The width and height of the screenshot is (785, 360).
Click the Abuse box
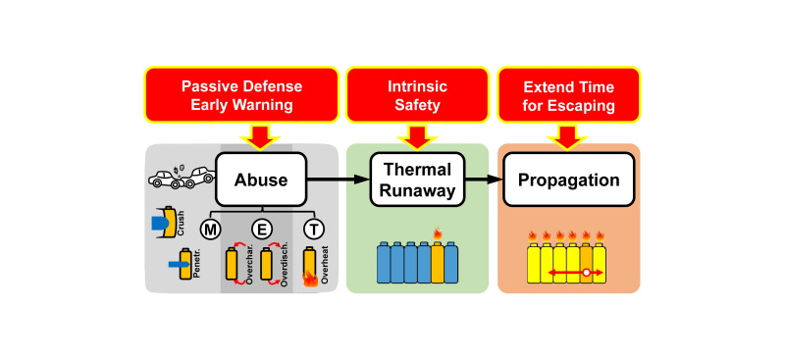(260, 180)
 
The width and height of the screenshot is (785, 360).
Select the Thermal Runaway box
(417, 180)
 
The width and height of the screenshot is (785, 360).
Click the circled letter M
(210, 230)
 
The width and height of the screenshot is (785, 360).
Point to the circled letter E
(261, 230)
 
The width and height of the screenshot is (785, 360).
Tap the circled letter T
(310, 230)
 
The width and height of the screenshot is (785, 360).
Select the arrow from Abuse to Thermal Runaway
(337, 180)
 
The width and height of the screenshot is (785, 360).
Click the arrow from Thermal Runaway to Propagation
(482, 180)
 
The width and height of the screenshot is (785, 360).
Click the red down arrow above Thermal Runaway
(417, 136)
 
